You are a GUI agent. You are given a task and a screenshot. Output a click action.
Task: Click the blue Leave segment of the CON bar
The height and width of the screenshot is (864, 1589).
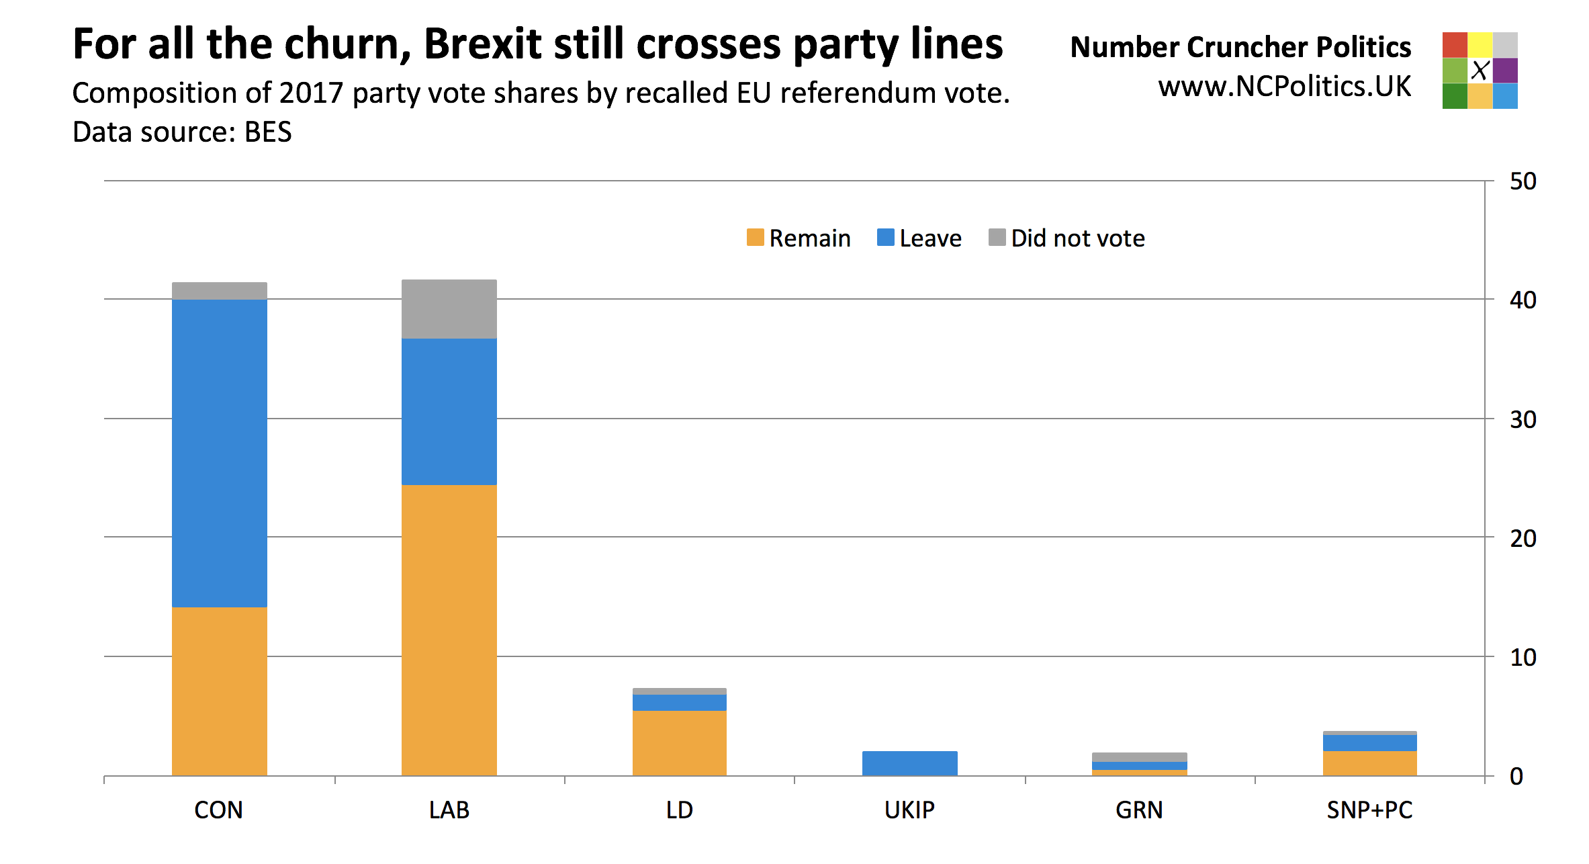(220, 453)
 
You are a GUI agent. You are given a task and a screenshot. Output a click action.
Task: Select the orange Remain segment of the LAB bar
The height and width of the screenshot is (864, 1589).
(449, 630)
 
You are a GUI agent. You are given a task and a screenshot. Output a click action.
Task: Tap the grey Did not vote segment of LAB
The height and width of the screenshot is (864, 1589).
(449, 309)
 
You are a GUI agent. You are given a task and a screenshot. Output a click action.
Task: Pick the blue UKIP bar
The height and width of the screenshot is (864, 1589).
(909, 763)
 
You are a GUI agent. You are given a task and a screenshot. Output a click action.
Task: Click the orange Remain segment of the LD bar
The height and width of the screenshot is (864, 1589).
(679, 742)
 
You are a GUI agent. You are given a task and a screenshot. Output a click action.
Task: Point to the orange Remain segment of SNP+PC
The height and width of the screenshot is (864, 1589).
(1369, 763)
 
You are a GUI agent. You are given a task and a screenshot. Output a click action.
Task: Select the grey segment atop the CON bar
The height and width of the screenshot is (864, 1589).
(220, 291)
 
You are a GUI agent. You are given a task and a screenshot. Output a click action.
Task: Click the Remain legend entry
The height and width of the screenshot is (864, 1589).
(799, 239)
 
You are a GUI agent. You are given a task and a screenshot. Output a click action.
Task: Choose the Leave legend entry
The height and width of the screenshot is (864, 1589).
(919, 239)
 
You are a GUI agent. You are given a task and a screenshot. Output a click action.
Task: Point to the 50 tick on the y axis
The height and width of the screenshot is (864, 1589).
(1523, 181)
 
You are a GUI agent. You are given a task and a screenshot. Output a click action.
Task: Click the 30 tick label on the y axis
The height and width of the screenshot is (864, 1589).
(1523, 420)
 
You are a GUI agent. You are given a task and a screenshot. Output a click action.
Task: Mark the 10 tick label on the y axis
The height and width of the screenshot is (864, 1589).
(1523, 657)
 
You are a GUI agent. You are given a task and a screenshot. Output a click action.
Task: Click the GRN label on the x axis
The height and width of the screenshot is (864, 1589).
(1139, 810)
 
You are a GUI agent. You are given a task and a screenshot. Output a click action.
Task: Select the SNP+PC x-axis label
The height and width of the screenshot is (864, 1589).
(1369, 810)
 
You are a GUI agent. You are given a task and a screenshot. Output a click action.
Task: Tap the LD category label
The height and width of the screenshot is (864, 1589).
(679, 810)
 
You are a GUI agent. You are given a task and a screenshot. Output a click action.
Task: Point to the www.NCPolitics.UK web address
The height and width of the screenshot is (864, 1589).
(1284, 87)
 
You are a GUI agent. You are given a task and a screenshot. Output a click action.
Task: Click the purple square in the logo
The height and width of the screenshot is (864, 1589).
(1505, 71)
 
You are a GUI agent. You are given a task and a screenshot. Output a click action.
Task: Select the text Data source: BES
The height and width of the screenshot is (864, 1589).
(182, 132)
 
